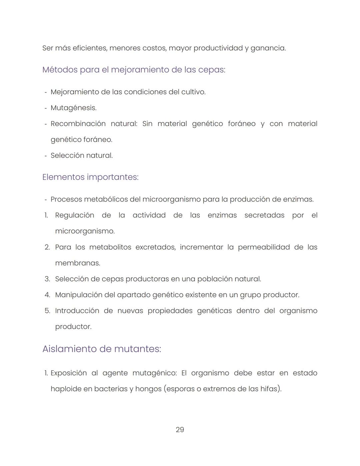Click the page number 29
[180, 430]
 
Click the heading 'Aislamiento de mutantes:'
[102, 349]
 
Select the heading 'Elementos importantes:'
[90, 177]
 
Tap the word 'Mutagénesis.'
[73, 108]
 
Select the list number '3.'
[47, 279]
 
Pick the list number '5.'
[47, 311]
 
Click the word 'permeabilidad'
[264, 248]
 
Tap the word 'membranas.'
[77, 263]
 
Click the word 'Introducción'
[77, 311]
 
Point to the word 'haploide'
[65, 389]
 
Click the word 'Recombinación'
[78, 124]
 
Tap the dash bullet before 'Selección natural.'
[45, 156]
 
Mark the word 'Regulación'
[74, 215]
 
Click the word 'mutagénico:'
[154, 373]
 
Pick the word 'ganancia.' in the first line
[268, 48]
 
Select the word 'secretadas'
[264, 215]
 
